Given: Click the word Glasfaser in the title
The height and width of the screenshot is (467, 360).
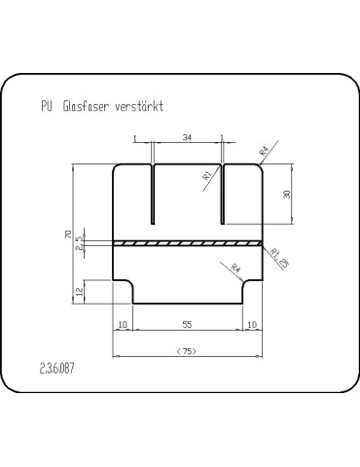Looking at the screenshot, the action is [85, 106].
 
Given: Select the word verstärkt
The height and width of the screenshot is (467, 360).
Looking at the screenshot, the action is [139, 106].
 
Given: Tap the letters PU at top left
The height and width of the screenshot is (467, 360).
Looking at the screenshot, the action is [47, 106].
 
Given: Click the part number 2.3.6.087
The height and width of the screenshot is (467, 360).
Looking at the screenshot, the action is [57, 369].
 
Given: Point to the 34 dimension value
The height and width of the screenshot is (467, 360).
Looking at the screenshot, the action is [187, 137].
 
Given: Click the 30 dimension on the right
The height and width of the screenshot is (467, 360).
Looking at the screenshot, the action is [287, 194].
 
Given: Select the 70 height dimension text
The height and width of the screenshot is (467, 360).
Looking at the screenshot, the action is [68, 234].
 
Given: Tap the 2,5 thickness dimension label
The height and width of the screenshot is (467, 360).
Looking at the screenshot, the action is [79, 243].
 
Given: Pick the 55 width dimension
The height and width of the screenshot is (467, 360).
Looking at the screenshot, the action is [187, 324].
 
